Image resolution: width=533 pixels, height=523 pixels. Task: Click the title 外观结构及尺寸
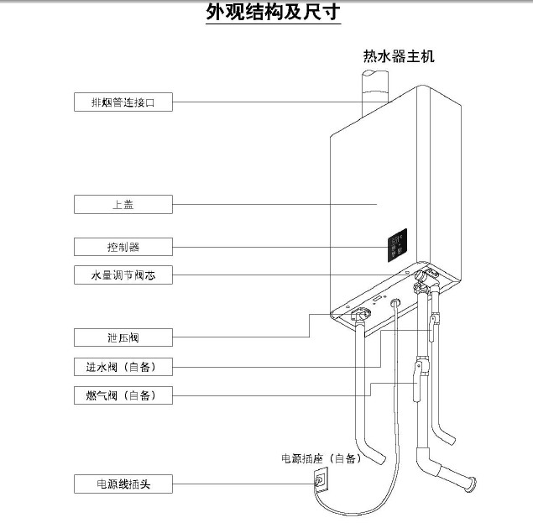(x=273, y=14)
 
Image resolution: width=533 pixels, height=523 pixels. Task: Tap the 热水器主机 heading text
(x=398, y=57)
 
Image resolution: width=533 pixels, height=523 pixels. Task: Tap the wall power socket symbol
(x=320, y=480)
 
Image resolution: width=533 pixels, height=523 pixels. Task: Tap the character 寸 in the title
(x=330, y=14)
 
